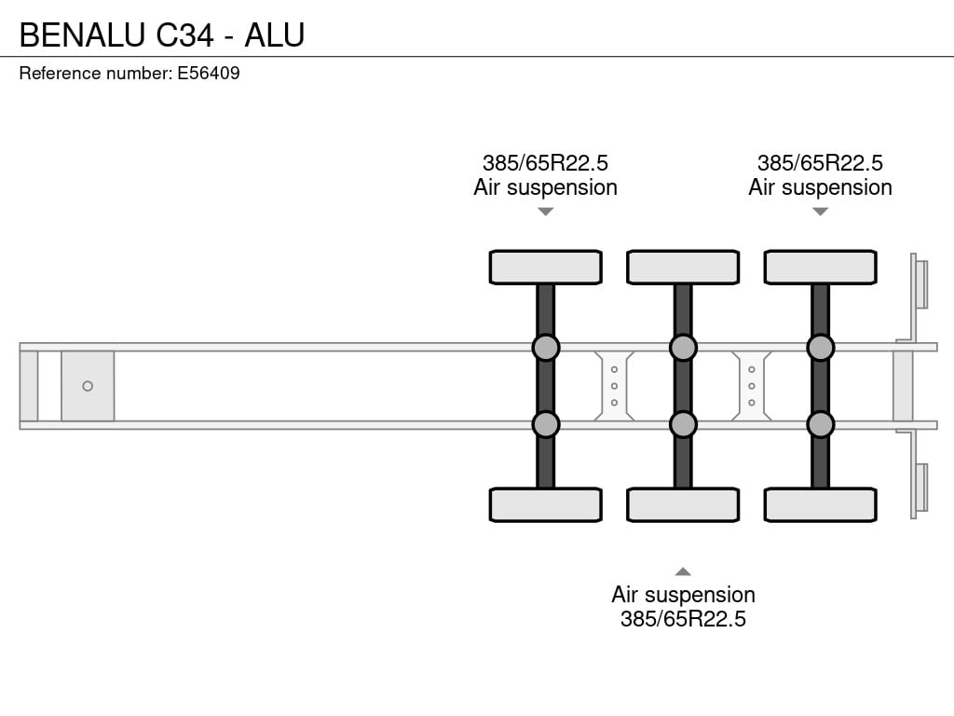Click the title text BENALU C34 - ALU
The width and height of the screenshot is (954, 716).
coord(162,34)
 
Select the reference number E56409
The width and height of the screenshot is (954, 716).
coord(209,73)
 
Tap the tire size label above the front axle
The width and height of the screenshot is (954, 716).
coord(545,163)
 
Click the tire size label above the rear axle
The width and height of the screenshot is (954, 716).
coord(820,163)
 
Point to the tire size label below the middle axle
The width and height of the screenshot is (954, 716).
coord(683,619)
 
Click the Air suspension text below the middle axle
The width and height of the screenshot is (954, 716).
coord(683,594)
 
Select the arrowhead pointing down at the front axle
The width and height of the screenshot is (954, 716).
coord(546,212)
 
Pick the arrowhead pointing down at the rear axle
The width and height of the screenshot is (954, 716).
coord(820,212)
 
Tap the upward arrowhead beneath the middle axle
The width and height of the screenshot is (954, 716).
coord(683,571)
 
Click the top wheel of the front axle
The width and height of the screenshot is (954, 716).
coord(546,267)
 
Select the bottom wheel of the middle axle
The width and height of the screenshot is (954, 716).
coord(683,504)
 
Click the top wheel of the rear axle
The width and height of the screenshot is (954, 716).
coord(820,267)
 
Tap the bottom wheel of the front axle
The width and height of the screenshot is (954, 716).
coord(546,504)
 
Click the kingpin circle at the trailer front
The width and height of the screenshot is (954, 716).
coord(88,386)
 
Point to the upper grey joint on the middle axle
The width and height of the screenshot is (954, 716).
coord(683,348)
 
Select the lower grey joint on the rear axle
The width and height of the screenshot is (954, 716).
coord(820,424)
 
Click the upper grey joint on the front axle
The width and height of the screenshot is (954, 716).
coord(546,348)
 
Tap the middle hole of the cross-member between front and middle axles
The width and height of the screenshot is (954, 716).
coord(614,386)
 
